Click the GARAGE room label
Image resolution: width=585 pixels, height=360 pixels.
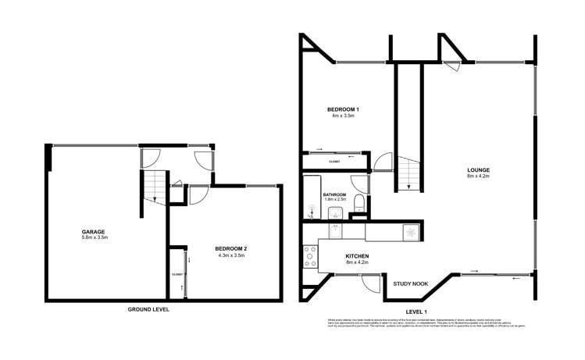point(94,231)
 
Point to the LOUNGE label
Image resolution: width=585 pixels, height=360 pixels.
point(479,169)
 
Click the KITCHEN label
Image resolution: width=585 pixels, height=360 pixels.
point(356,255)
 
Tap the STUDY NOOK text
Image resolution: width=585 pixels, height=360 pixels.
point(408,283)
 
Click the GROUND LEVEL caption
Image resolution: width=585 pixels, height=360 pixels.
point(148,309)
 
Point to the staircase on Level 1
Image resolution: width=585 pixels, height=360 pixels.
point(409,172)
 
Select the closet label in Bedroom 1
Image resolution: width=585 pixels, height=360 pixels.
point(334,162)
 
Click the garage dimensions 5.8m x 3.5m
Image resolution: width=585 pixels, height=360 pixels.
point(94,237)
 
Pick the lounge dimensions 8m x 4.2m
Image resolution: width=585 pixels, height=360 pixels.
point(479,176)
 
